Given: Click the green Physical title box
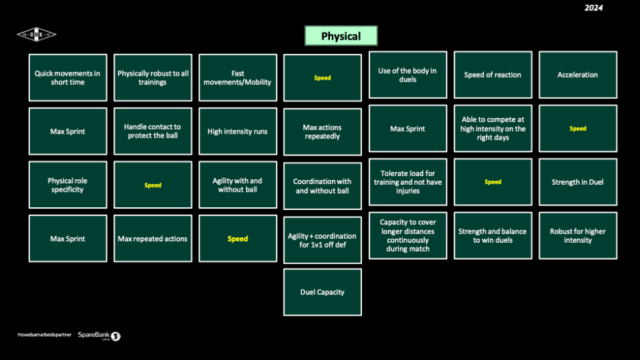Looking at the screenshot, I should [x=340, y=36].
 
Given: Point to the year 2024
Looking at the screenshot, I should [x=594, y=8].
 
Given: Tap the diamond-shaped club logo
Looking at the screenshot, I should [x=37, y=35].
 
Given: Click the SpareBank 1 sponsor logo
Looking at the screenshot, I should [x=100, y=335].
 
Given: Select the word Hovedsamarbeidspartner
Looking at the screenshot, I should [x=44, y=335].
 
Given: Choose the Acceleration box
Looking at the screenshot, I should [x=578, y=75].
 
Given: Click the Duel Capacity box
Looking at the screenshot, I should [x=322, y=292].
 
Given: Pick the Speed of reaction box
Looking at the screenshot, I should [x=493, y=75].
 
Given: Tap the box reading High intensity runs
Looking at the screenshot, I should [x=238, y=132].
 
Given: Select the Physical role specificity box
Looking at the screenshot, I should [x=67, y=185].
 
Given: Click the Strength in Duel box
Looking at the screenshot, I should [x=578, y=182].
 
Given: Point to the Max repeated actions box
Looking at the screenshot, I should [x=153, y=239].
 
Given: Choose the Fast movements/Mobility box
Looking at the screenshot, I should [x=238, y=78].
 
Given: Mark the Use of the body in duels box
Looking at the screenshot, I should [x=408, y=75].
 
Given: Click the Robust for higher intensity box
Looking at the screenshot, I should [x=578, y=236].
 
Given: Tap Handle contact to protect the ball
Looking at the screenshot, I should [x=153, y=132].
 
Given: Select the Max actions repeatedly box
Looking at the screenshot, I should [x=322, y=132].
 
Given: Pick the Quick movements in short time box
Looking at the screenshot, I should [x=67, y=78].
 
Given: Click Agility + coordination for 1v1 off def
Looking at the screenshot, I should [x=322, y=240].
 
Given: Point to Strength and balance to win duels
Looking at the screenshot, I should [x=493, y=236].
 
